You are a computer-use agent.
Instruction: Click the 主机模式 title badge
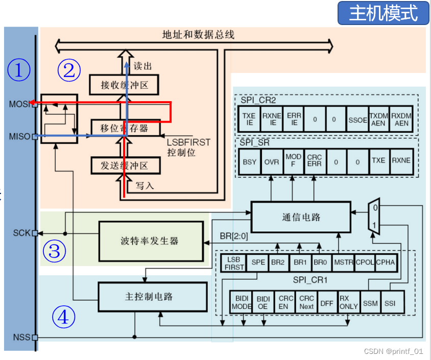click(383, 13)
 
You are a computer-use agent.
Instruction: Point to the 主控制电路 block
click(152, 297)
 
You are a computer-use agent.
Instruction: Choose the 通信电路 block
click(301, 217)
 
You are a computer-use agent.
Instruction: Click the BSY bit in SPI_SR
click(250, 161)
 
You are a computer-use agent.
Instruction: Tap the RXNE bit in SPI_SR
click(401, 161)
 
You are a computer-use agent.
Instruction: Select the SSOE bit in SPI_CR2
click(357, 120)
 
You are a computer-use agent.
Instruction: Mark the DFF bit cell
click(326, 303)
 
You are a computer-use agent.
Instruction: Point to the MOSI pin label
click(19, 104)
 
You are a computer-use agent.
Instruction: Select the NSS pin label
click(20, 337)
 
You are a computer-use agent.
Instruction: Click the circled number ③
click(55, 251)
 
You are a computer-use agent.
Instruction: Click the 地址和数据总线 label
click(198, 35)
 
